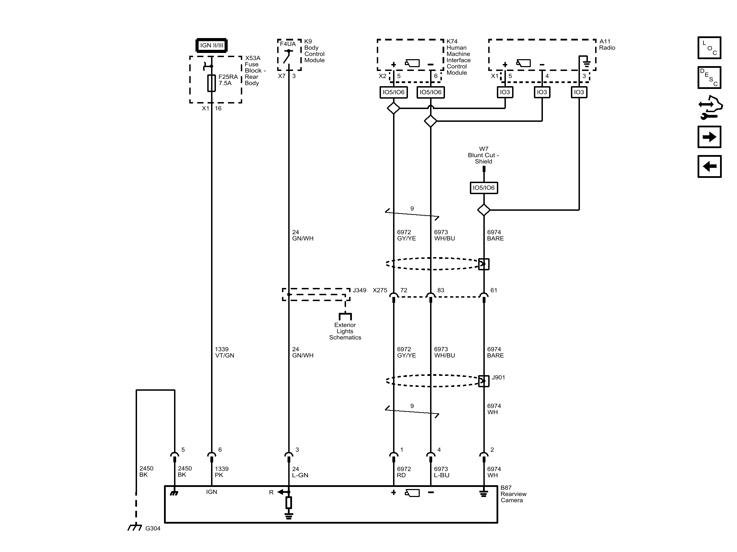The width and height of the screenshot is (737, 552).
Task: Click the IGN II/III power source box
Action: point(212,45)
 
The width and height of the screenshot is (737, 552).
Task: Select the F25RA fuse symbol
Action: point(211,83)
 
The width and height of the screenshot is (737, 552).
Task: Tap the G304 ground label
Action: point(153,528)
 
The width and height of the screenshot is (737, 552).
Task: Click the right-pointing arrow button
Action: point(709,137)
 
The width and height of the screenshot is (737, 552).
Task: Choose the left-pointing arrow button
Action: point(709,166)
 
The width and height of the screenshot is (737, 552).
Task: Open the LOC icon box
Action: point(709,48)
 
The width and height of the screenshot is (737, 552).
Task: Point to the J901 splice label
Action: point(498,377)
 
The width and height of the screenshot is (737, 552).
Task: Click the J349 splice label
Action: point(360,290)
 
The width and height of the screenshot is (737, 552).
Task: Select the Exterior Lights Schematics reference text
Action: point(345,331)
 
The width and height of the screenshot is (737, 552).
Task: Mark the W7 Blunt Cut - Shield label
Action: point(483,155)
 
